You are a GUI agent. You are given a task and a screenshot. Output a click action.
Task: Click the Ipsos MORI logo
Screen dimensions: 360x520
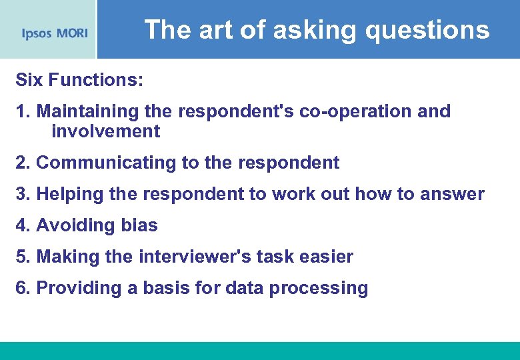point(55,33)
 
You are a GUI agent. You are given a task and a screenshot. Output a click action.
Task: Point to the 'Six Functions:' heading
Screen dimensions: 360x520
point(79,80)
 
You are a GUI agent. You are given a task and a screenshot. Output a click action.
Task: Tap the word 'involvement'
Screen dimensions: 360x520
point(105,131)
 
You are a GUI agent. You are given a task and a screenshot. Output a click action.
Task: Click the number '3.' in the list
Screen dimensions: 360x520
point(23,194)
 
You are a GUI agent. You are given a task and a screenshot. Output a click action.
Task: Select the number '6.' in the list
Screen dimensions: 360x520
point(23,288)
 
